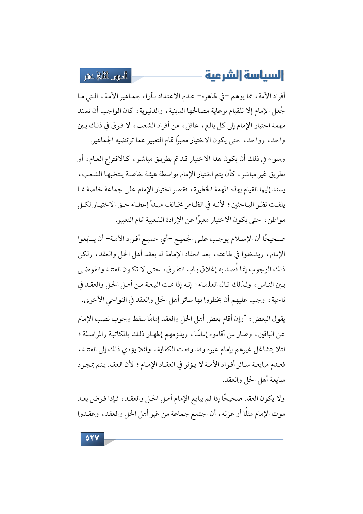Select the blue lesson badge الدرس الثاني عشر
coord(106,76)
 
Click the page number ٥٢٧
coord(92,439)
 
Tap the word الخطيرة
coord(204,190)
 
